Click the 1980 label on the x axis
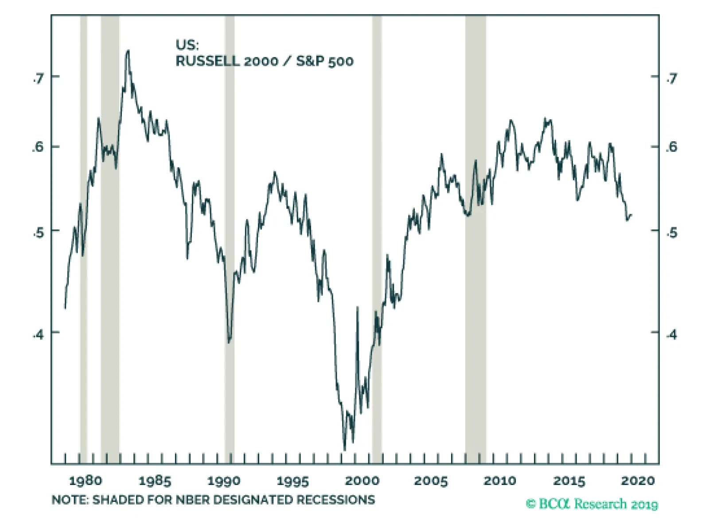click(x=86, y=481)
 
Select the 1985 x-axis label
click(x=155, y=481)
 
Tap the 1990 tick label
click(x=224, y=481)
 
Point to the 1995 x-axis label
click(x=293, y=481)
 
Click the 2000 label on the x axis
click(x=362, y=481)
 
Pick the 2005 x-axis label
click(x=431, y=481)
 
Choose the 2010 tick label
click(x=500, y=481)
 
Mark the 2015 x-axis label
click(x=569, y=481)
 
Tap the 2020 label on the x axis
click(x=638, y=481)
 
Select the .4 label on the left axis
click(x=39, y=334)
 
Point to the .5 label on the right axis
click(x=672, y=232)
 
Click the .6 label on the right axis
click(x=672, y=147)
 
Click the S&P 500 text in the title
click(x=325, y=61)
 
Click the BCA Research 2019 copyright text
click(x=592, y=504)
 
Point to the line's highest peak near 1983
click(x=128, y=51)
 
